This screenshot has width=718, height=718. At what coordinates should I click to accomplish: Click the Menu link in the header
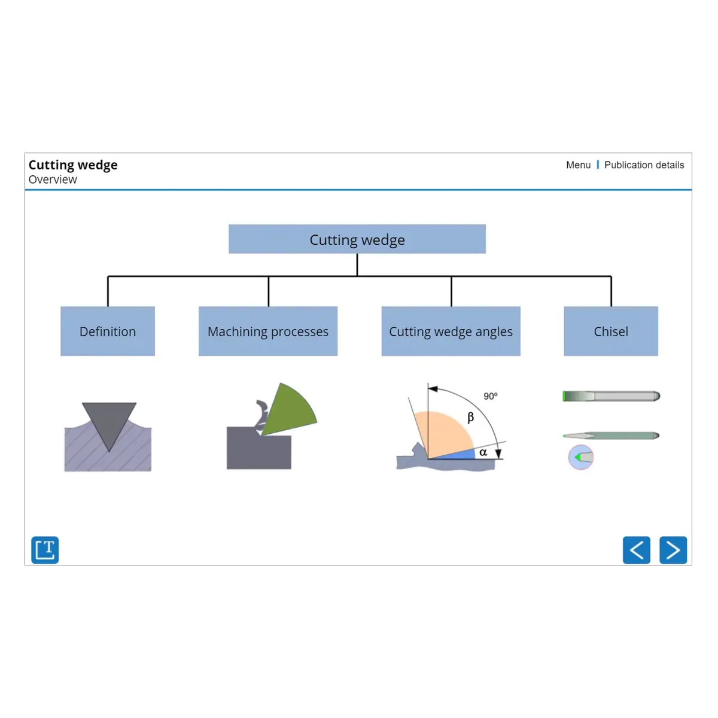point(578,165)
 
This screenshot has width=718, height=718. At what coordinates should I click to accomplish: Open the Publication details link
point(644,165)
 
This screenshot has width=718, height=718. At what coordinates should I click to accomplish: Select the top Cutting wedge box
point(357,239)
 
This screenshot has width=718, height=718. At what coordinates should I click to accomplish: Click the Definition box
point(108,331)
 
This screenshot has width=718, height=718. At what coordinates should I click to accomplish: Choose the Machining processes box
point(268,331)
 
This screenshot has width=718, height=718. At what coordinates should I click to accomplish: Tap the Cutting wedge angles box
point(451,331)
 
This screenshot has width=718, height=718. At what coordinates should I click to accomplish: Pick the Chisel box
point(611,331)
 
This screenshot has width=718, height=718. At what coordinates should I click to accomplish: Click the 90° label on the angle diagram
point(491,396)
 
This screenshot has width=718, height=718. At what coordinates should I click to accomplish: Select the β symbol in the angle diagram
point(471,417)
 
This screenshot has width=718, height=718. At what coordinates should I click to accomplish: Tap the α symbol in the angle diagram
point(483,452)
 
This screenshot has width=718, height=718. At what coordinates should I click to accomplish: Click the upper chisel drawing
point(611,396)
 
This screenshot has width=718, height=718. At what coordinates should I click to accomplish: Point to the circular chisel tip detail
point(580,457)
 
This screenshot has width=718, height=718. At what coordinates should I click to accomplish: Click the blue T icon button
point(45,550)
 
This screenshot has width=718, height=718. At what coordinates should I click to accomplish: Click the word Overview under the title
point(53,180)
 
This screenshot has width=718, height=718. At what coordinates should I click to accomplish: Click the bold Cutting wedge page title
point(73,165)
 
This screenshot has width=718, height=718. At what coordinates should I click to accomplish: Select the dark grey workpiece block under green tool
point(258,449)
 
